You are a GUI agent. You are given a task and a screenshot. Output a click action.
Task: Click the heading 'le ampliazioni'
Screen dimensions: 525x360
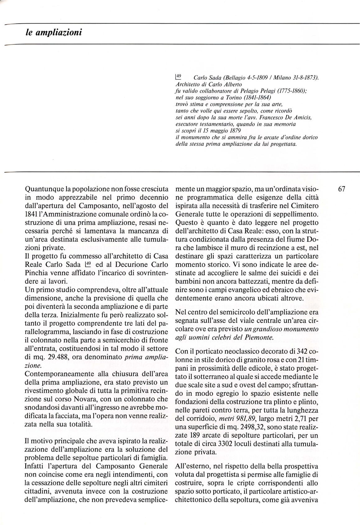pyautogui.click(x=54, y=32)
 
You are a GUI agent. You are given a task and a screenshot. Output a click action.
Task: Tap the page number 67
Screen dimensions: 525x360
pyautogui.click(x=342, y=189)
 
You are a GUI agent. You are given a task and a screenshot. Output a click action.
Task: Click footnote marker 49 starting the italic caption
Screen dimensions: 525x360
pyautogui.click(x=179, y=75)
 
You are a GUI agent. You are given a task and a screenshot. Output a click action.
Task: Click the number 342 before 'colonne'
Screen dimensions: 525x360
pyautogui.click(x=298, y=351)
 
